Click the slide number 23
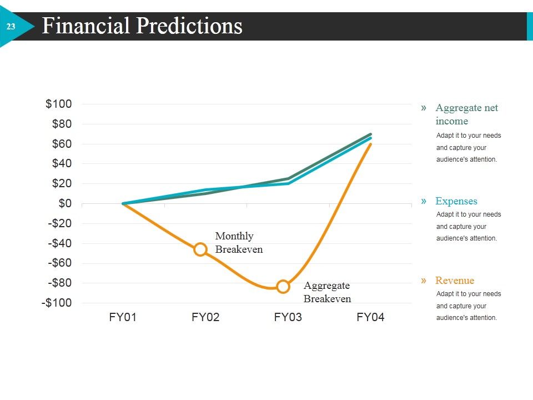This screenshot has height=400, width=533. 11,27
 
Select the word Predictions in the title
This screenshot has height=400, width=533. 189,26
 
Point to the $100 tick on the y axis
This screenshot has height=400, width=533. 58,104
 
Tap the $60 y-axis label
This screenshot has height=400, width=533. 62,144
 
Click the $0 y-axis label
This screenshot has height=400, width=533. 65,203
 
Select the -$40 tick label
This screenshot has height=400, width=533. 60,243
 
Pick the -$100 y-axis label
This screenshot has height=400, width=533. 57,302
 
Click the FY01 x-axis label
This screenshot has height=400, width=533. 123,317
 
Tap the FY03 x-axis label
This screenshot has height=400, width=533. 288,317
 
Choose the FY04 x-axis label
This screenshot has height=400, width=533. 370,317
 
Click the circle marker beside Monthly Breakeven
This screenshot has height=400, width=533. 200,249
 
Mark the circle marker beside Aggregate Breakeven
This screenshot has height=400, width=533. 283,287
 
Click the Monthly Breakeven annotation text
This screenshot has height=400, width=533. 239,243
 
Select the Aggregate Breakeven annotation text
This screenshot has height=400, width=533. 328,292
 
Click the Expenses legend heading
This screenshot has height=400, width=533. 456,201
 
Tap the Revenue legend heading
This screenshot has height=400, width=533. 455,280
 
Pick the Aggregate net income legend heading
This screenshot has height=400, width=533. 467,114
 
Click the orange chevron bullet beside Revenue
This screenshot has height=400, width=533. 424,280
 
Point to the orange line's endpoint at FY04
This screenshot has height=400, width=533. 370,144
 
